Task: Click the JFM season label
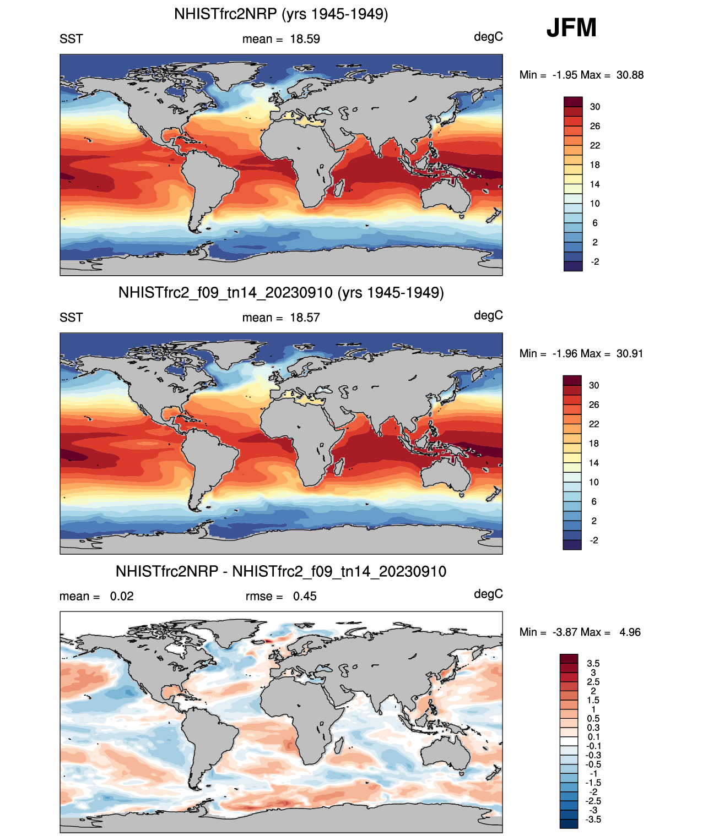pos(571,28)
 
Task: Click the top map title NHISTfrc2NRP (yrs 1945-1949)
pos(281,14)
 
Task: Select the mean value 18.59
pos(305,39)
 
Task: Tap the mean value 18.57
pos(305,318)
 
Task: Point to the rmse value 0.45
pos(305,596)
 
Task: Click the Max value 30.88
pos(630,75)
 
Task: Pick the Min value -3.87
pos(565,632)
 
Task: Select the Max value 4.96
pos(630,632)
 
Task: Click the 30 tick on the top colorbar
pos(595,107)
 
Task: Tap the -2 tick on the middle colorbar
pos(594,540)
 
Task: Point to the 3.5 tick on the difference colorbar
pos(593,663)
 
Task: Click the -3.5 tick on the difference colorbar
pos(593,819)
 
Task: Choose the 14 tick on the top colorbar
pos(595,184)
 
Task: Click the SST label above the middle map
pos(71,318)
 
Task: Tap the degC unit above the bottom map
pos(488,594)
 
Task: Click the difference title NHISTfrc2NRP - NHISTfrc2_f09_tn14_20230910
pos(281,571)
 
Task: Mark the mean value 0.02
pos(122,596)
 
